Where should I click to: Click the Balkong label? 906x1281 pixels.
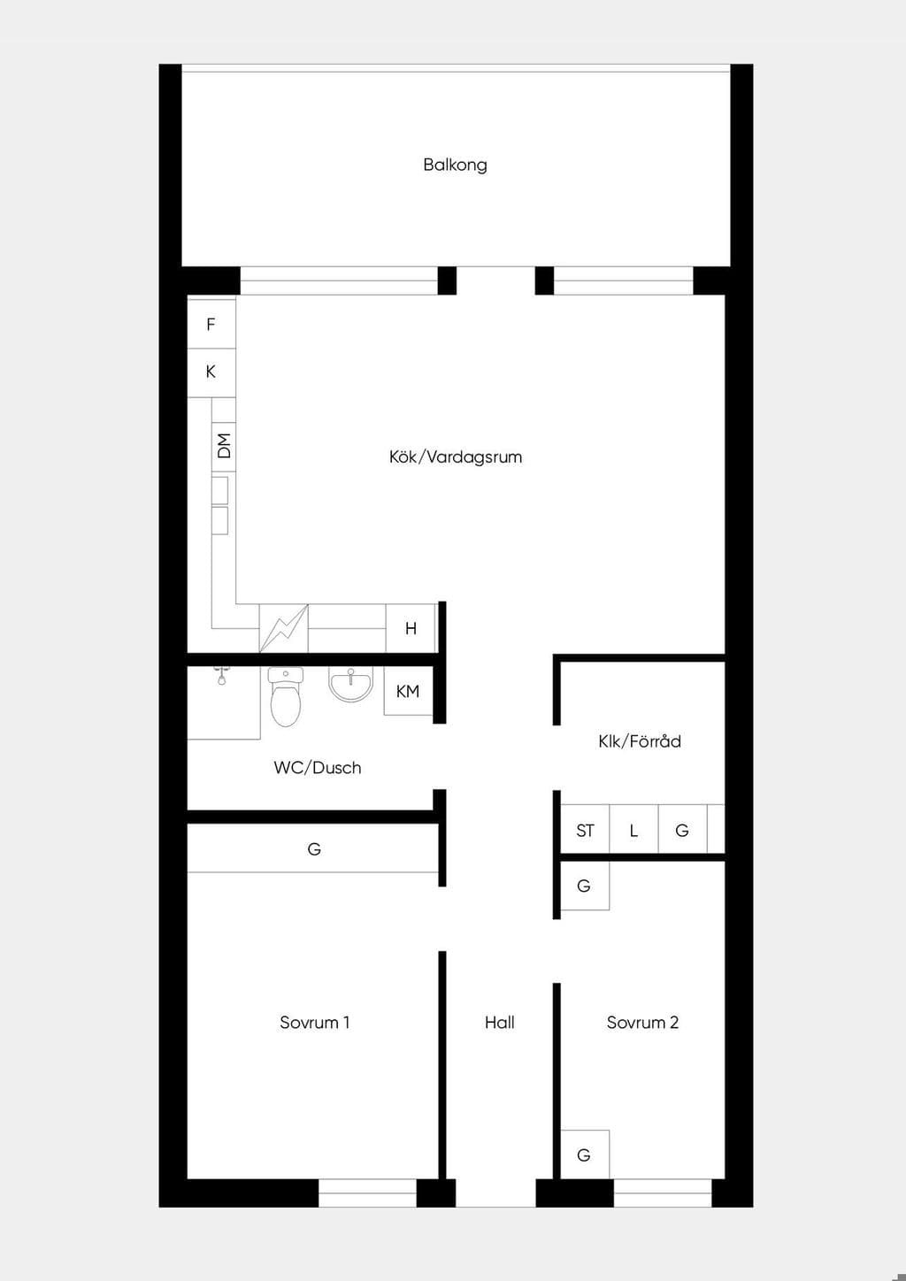point(455,165)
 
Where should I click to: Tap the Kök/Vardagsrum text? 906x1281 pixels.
point(456,456)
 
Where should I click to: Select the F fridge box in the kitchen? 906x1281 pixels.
point(211,324)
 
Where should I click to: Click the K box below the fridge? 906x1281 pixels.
point(211,372)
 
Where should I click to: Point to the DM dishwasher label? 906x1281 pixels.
point(224,446)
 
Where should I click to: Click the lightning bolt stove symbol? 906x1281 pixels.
point(284,628)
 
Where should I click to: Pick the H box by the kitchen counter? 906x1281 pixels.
point(411,628)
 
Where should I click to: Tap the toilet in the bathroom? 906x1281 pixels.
point(286,696)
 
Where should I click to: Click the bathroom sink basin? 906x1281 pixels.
point(350,684)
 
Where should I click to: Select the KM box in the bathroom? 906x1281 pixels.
point(408,691)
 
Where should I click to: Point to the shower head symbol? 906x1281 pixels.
point(221,676)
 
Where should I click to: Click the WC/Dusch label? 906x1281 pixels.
point(318,768)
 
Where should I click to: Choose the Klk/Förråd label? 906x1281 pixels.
point(640,741)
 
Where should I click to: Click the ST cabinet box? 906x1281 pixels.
point(585,829)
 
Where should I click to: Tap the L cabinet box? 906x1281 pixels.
point(633,829)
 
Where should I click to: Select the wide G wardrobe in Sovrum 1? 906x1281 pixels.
point(313,848)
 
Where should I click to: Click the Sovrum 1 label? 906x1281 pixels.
point(315,1023)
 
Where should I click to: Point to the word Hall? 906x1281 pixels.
point(499,1023)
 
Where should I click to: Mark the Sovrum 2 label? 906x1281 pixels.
point(642,1023)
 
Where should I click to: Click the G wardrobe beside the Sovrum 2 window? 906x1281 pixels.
point(585,1154)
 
